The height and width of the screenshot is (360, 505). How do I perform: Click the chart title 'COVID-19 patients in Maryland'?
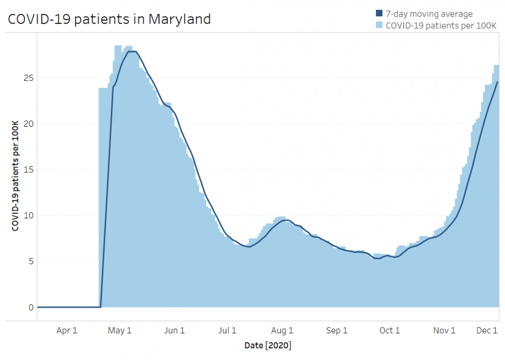(x=109, y=19)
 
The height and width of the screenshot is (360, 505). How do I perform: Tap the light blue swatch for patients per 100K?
(x=379, y=24)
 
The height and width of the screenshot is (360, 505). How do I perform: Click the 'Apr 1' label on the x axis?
(x=67, y=331)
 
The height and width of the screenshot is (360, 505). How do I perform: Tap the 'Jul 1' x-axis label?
(x=227, y=331)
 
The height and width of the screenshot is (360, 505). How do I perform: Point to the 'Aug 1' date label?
(x=282, y=331)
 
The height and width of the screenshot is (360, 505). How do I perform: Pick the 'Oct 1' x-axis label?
(x=390, y=331)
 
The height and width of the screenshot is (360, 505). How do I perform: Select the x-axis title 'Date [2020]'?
(x=267, y=345)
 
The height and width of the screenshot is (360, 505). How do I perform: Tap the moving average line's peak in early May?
(x=132, y=52)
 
